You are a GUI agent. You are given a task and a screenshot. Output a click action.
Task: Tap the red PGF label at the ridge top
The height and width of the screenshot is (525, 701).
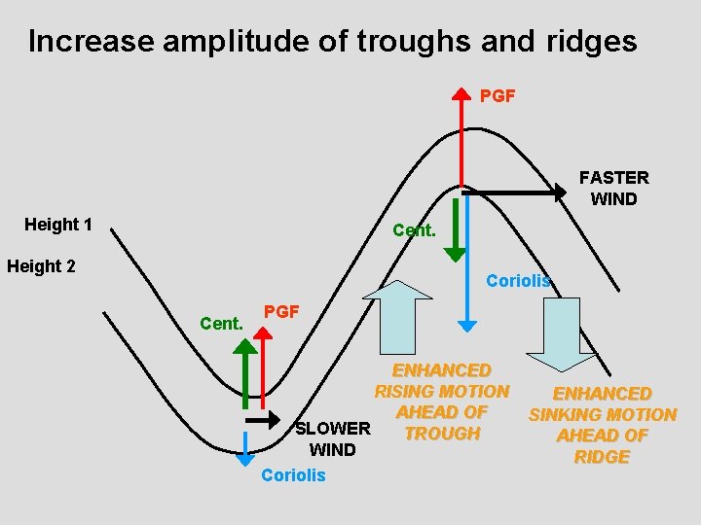[498, 96]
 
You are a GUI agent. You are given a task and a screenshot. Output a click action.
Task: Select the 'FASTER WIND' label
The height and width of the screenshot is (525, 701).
[613, 189]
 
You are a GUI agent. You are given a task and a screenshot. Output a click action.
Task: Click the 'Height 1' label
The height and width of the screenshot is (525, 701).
[58, 225]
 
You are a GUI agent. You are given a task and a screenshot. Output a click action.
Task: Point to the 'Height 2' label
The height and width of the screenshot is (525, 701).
[41, 266]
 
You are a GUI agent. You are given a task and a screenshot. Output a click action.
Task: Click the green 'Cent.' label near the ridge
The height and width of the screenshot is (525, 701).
[414, 230]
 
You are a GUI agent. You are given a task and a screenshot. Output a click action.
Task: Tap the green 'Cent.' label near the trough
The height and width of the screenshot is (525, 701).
[221, 323]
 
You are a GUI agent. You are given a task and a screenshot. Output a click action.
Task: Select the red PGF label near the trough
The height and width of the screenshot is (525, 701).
[282, 312]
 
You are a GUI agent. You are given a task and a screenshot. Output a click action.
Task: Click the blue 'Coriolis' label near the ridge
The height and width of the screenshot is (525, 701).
[518, 281]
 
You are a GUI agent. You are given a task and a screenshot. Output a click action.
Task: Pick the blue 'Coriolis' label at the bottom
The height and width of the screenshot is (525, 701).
[293, 475]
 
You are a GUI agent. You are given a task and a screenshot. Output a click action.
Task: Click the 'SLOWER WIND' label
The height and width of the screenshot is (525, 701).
[332, 438]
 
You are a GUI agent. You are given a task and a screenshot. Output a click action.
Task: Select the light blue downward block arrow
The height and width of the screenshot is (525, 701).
[569, 333]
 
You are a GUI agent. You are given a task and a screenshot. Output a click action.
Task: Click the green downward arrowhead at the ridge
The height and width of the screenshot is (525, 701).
[455, 254]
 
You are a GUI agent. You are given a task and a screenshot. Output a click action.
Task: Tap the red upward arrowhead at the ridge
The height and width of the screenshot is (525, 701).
[462, 97]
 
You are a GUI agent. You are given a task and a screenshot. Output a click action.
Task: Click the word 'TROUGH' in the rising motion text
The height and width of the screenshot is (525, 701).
[442, 434]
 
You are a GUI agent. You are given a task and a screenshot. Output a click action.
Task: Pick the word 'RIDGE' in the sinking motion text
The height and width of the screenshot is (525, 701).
[602, 457]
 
